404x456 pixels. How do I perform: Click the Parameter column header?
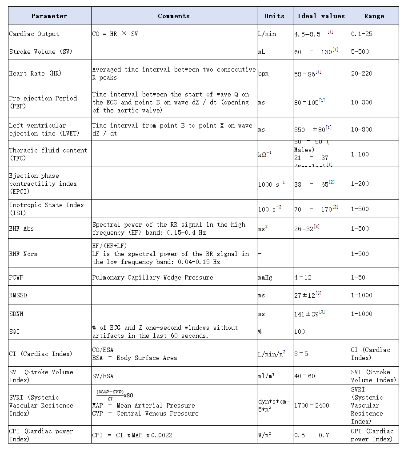click(49, 16)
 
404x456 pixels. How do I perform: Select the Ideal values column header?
click(321, 16)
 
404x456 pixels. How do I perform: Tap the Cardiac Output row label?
click(34, 34)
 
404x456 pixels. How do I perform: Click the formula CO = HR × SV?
click(115, 34)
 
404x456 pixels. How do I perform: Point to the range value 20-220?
click(362, 73)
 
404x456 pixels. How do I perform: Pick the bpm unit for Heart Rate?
click(263, 73)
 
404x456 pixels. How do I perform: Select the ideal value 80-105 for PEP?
click(307, 103)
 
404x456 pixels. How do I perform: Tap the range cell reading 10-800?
click(362, 129)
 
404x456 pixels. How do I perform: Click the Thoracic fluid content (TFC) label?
click(48, 154)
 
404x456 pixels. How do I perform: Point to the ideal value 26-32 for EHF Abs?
click(304, 228)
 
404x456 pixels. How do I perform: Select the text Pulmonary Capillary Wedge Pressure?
click(152, 277)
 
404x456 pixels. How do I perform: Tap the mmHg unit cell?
click(265, 277)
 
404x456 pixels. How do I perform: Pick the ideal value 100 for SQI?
click(300, 332)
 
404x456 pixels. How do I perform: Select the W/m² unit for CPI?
click(265, 435)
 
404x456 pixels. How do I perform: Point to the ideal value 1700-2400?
click(312, 405)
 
